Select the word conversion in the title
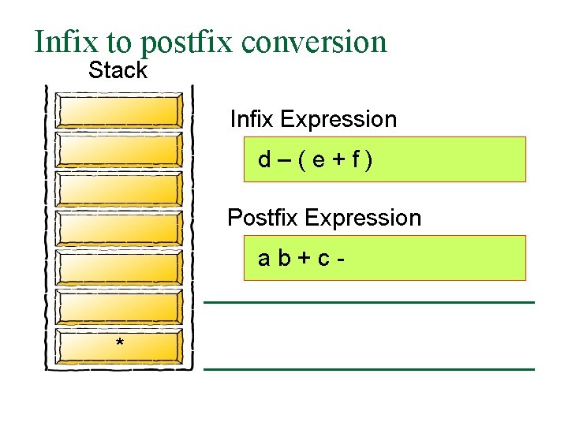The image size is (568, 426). tap(316, 42)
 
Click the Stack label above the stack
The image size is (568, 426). tap(118, 70)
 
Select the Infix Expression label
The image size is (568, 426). tap(313, 119)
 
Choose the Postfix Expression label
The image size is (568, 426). tap(324, 218)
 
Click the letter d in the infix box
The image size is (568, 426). tap(264, 160)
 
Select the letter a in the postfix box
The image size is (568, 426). tap(264, 259)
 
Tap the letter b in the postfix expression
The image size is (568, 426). tap(284, 258)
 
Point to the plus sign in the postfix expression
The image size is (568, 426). tap(304, 259)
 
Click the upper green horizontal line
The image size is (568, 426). tap(369, 302)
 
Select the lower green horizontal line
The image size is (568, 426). tap(369, 368)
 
